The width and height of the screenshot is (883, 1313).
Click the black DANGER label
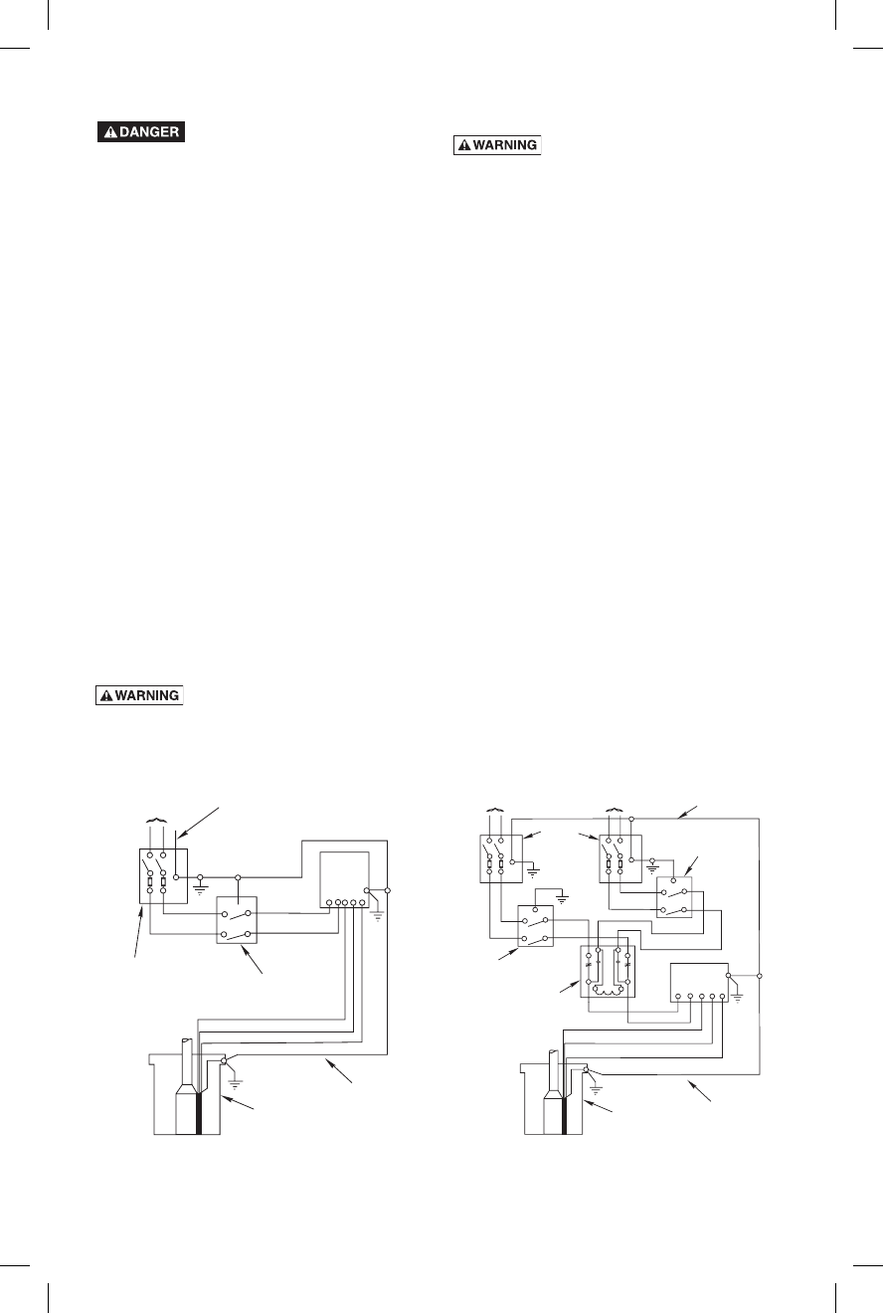click(x=141, y=132)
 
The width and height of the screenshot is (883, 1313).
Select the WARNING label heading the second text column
click(x=497, y=145)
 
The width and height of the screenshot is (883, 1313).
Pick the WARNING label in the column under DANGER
click(x=139, y=696)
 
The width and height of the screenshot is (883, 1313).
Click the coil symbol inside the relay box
click(x=607, y=989)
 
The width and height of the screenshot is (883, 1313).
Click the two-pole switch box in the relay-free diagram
click(x=238, y=920)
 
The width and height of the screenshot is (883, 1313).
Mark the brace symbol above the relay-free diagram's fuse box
click(x=156, y=821)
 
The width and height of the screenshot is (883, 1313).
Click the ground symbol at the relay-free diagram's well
click(x=235, y=1074)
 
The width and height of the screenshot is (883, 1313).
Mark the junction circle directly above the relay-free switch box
click(x=238, y=877)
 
